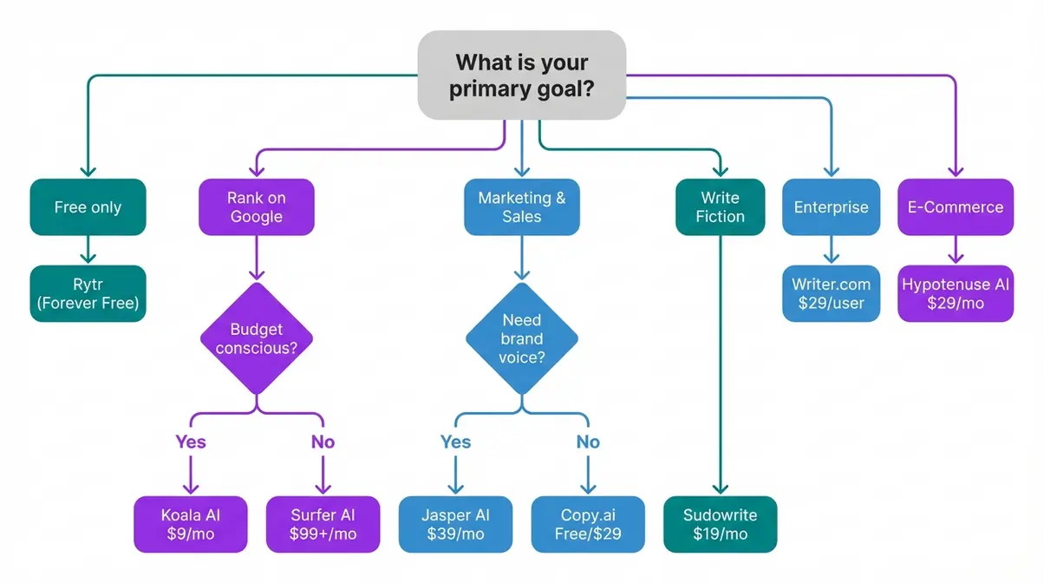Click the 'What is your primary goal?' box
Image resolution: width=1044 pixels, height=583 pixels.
[521, 75]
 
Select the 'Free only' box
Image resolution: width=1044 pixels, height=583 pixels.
[88, 207]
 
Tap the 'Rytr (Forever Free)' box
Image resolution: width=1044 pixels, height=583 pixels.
[88, 294]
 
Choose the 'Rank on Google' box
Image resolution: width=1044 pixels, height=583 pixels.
[256, 207]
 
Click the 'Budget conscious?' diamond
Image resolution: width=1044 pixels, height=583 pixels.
[256, 338]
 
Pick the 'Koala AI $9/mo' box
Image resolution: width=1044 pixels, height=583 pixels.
[191, 524]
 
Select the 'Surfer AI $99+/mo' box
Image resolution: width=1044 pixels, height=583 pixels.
[323, 524]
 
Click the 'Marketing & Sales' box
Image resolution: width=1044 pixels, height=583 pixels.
[521, 207]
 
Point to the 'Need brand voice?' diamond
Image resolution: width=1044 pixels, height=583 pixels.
[521, 338]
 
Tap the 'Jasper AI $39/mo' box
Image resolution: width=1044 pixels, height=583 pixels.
[456, 524]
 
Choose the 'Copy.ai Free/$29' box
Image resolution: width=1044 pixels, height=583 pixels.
[588, 524]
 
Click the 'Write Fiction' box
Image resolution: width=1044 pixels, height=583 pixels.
[720, 207]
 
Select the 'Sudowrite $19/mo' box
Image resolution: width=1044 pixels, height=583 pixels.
[720, 524]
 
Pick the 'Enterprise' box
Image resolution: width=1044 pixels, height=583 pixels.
[831, 207]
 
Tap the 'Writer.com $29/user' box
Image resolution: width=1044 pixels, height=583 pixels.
[831, 294]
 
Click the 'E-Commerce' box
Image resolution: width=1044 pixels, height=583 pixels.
[955, 207]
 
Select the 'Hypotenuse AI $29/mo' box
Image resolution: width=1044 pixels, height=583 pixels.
[955, 294]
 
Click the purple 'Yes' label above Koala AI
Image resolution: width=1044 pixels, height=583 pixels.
[191, 442]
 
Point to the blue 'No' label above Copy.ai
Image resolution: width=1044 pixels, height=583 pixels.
[588, 442]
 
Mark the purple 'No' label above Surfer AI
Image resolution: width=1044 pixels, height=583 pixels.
[323, 442]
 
